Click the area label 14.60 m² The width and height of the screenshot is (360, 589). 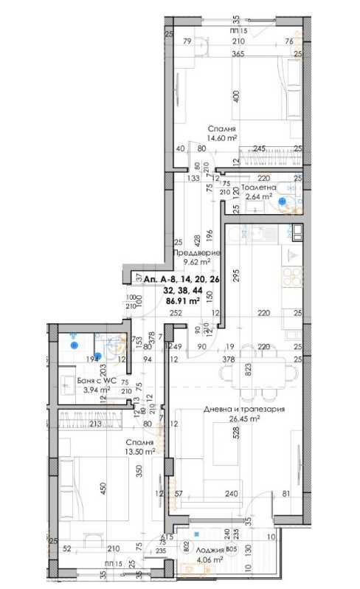(221, 137)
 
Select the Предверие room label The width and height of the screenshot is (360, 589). (192, 252)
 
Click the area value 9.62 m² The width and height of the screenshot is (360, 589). (192, 261)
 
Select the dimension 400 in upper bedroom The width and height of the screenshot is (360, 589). (236, 97)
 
